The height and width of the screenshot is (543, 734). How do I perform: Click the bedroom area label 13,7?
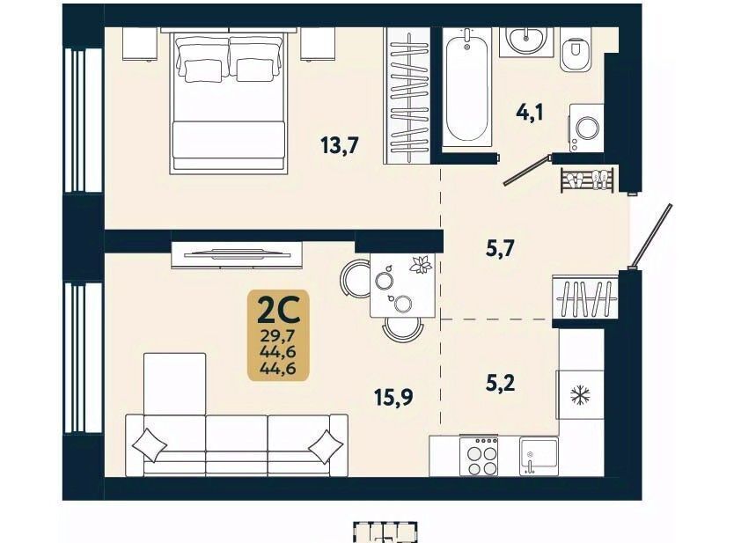(x=340, y=145)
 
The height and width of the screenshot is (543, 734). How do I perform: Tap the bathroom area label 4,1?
(x=530, y=113)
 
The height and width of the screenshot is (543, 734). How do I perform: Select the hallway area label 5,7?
(x=501, y=248)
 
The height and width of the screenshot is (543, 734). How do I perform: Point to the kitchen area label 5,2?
(x=501, y=384)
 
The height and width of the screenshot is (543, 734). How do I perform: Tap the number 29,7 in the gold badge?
(x=278, y=335)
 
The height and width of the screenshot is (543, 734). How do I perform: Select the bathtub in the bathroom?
(x=466, y=89)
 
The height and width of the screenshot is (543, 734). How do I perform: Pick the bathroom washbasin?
(x=526, y=41)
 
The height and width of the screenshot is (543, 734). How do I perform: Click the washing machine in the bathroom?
(x=586, y=128)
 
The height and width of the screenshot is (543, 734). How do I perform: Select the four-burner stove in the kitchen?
(x=479, y=456)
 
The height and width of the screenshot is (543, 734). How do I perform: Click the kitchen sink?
(x=539, y=457)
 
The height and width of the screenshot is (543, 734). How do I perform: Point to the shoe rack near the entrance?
(x=587, y=180)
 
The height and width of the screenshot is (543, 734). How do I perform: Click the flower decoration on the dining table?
(x=421, y=266)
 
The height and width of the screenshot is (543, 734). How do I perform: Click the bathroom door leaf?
(x=526, y=172)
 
